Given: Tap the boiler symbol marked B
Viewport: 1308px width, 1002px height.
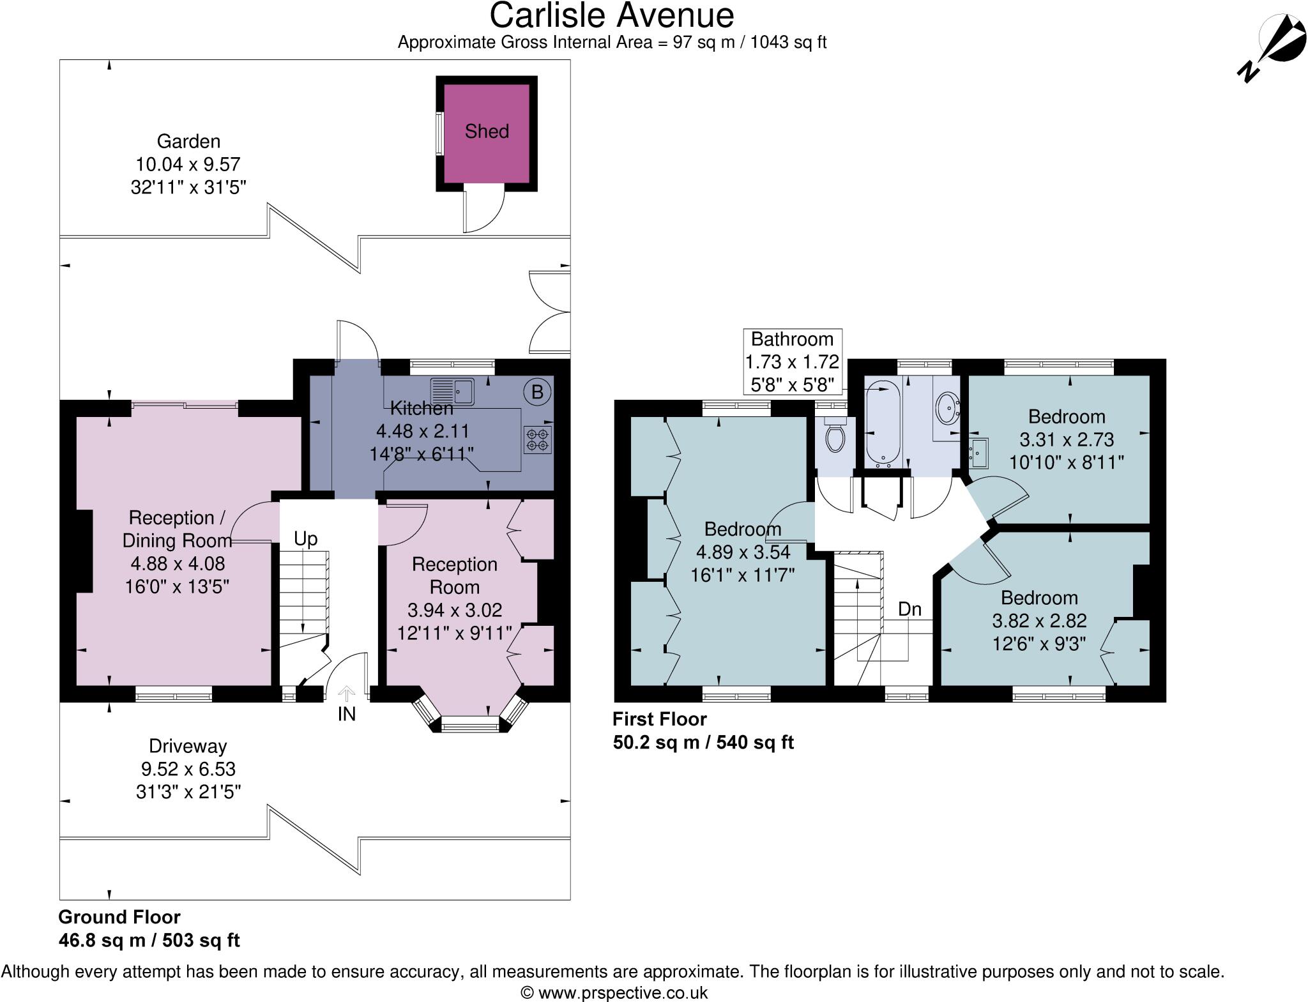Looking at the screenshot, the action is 537,392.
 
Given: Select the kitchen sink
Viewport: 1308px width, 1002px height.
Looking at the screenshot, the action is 452,391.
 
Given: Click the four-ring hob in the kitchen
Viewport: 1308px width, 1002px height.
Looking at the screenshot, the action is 538,439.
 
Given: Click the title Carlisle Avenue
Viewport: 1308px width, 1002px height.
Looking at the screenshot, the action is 612,15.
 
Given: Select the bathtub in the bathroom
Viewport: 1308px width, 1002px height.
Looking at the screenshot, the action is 883,422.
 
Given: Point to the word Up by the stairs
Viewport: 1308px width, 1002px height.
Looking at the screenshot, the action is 305,540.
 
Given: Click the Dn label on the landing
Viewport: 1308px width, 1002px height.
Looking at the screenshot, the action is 909,609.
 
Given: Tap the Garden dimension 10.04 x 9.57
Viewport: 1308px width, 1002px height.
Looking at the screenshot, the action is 188,164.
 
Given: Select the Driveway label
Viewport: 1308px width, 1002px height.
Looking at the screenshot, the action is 188,746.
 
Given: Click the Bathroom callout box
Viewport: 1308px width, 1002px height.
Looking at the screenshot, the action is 792,361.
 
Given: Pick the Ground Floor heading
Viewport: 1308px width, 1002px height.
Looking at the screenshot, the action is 119,917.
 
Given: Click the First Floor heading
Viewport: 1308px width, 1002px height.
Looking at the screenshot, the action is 660,719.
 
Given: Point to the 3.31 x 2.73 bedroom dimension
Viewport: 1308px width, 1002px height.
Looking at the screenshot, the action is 1066,440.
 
